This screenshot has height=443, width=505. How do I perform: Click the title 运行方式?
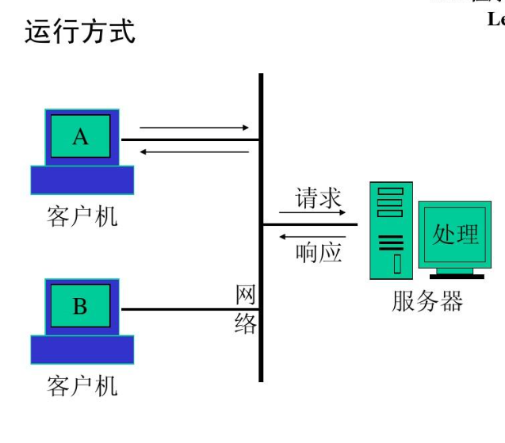[79, 32]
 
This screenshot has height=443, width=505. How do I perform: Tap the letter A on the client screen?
[80, 136]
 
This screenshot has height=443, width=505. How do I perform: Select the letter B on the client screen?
[80, 306]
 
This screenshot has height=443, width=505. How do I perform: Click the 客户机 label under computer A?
[82, 216]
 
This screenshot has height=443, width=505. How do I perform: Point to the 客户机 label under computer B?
[82, 386]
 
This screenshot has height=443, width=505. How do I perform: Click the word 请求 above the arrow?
[319, 198]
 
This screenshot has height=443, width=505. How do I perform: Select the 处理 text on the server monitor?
[455, 235]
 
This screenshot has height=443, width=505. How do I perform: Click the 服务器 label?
[427, 301]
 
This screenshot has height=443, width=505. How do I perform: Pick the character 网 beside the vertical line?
[246, 295]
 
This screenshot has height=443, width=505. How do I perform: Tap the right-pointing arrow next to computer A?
[193, 127]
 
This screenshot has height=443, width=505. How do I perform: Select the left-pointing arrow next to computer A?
[193, 151]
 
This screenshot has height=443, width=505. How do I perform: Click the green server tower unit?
[391, 230]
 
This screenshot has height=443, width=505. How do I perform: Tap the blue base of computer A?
[82, 180]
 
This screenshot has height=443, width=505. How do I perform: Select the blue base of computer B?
[82, 349]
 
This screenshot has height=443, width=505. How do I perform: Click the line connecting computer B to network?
[190, 309]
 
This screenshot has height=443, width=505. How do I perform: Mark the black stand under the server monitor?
[457, 274]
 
